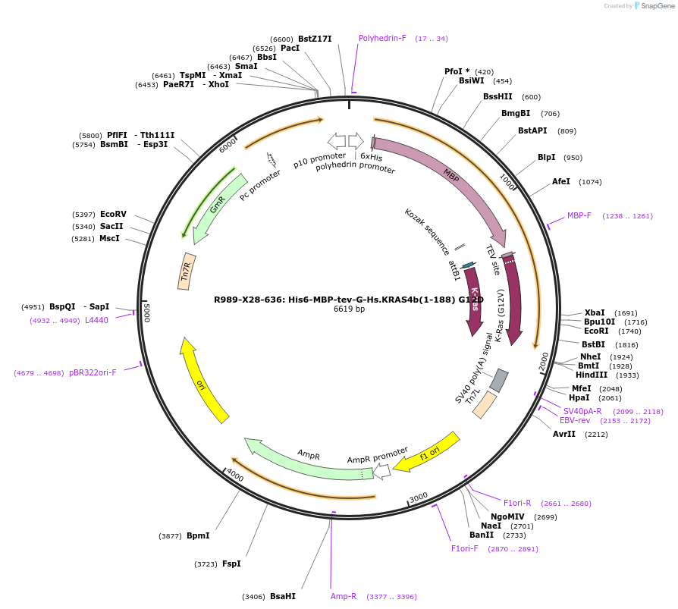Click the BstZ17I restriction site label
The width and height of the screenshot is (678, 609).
315,39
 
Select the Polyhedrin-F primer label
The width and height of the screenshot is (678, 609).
382,38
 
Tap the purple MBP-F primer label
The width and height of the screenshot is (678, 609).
579,216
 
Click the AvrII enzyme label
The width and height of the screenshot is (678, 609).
564,435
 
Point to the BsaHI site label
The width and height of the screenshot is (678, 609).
283,596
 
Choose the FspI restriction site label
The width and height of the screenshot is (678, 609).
231,563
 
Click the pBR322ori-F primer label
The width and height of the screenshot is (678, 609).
93,372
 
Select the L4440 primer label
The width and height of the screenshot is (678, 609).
96,320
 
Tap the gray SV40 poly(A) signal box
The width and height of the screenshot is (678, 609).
498,380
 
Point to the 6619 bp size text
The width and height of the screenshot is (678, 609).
349,309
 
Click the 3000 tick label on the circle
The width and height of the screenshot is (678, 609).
418,498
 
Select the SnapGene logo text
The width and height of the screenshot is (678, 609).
653,6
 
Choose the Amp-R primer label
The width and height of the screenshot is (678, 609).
344,596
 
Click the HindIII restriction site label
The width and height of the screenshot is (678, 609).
595,375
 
